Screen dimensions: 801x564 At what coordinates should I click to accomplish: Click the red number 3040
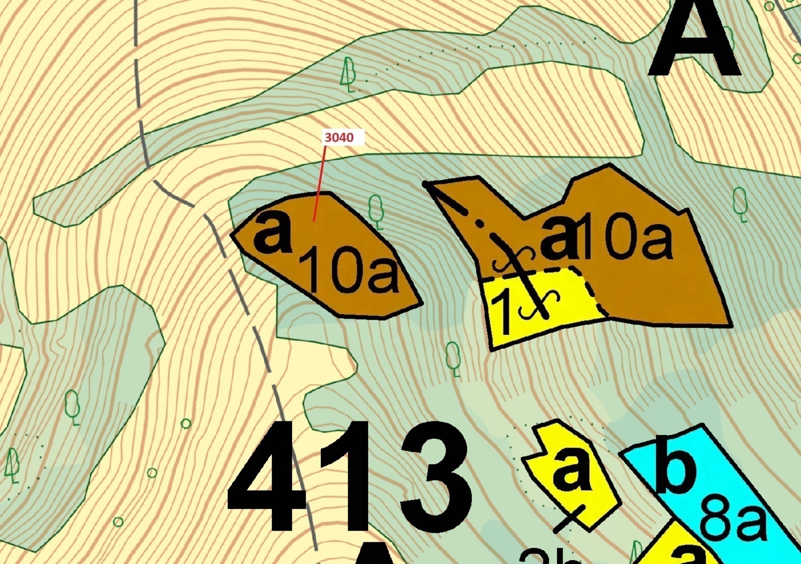point(339,137)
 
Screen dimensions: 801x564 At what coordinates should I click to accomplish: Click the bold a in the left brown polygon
point(272,234)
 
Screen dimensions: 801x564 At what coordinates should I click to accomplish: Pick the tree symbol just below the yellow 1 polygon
point(453,358)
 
